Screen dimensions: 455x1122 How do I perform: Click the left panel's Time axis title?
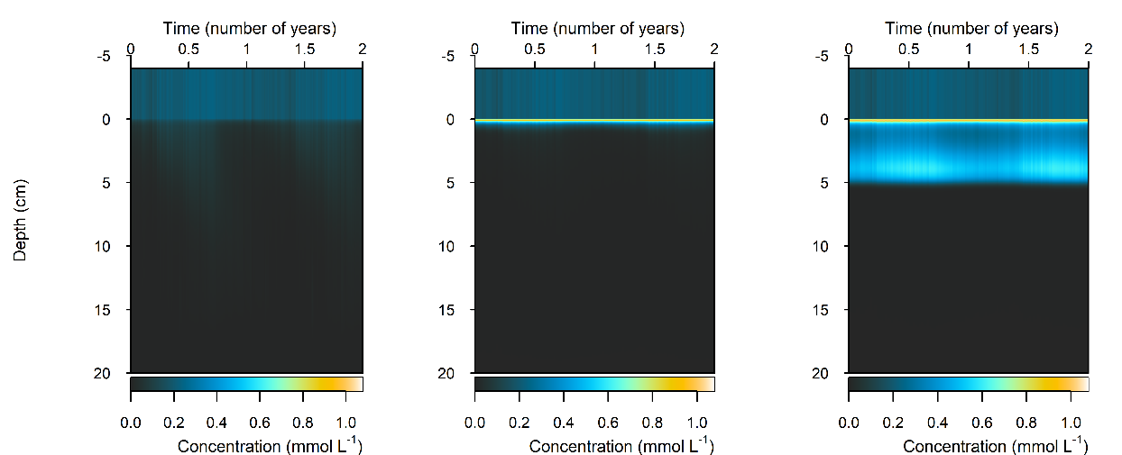pos(246,28)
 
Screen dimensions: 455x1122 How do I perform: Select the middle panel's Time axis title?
pos(596,28)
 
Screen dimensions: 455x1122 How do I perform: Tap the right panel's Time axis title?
pos(970,28)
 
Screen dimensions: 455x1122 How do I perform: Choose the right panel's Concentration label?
pos(995,446)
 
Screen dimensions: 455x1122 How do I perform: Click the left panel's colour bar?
pos(246,384)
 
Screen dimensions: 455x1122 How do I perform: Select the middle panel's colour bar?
pos(594,384)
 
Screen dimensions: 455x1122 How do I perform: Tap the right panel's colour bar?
pos(968,384)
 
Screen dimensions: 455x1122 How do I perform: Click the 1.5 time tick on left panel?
pos(305,48)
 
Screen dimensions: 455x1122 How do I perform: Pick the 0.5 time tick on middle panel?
pos(535,48)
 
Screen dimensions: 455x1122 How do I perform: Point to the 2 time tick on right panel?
pos(1088,48)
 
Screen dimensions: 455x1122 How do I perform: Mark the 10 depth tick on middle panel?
pos(448,246)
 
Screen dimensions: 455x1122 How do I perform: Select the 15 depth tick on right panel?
pos(822,310)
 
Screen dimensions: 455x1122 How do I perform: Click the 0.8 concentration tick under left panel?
pos(303,421)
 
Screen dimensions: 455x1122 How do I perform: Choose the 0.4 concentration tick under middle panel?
pos(564,421)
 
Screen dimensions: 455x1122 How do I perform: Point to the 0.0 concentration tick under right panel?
pos(849,421)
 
